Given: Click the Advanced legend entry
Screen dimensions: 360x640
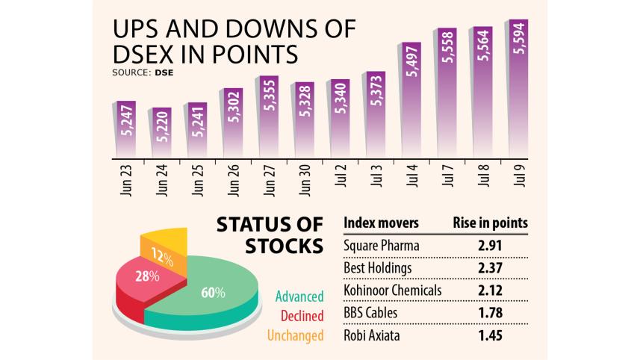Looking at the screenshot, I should coord(299,297).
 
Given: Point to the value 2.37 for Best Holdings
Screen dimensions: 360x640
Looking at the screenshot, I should coord(491,268).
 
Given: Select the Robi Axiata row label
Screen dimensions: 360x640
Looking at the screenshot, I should coord(371,335).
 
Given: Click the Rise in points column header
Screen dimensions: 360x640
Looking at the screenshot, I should coord(491,223).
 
